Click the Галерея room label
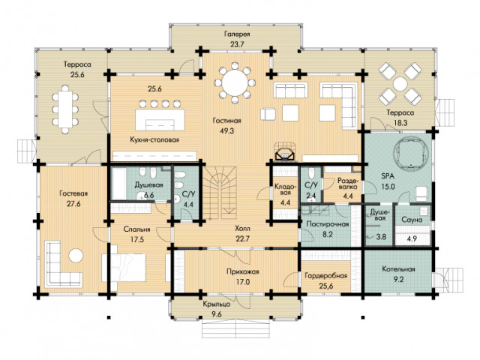[x=237, y=34]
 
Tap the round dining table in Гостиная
[x=235, y=82]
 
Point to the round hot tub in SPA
[x=410, y=152]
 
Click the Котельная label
[x=398, y=269]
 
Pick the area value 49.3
[x=226, y=130]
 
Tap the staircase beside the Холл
[x=220, y=193]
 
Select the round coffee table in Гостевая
[x=76, y=256]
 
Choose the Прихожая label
[x=243, y=271]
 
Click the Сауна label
[x=412, y=220]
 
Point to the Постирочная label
[x=328, y=223]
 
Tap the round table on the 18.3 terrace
[x=400, y=83]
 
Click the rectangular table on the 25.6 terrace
[x=65, y=109]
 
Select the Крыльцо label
[x=217, y=304]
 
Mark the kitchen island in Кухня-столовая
[x=160, y=120]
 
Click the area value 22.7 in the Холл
[x=243, y=238]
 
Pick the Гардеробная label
[x=326, y=275]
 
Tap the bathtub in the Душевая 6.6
[x=119, y=184]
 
